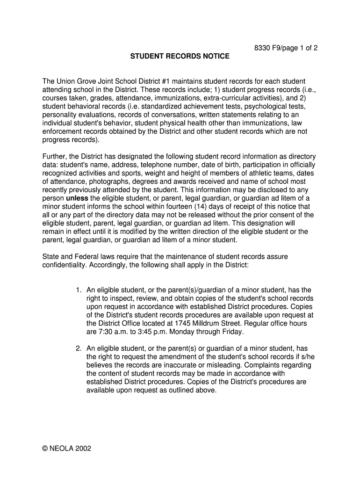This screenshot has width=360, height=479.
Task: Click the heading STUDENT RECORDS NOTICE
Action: [180, 57]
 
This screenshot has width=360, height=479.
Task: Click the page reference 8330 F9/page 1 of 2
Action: [286, 48]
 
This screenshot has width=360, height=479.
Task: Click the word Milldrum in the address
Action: [222, 324]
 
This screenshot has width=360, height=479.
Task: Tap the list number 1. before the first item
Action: [78, 290]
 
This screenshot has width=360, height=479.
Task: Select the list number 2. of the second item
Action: [78, 348]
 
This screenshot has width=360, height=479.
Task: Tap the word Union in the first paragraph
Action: [66, 81]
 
